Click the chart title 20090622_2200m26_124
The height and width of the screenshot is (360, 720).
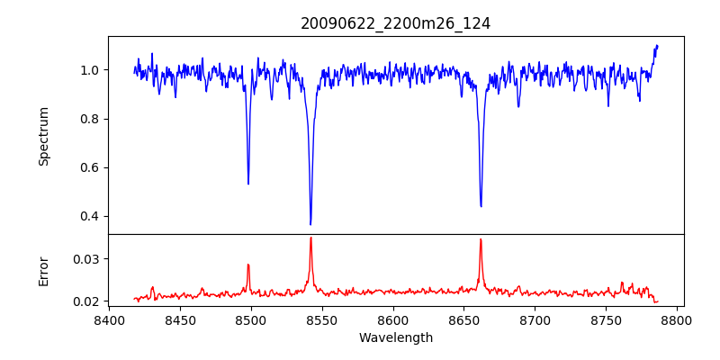tap(395, 23)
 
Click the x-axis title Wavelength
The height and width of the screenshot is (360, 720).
tap(395, 337)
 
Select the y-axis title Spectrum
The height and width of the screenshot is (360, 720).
tap(44, 136)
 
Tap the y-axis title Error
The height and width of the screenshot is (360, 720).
tap(44, 271)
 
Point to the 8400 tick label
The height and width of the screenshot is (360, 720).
tap(109, 319)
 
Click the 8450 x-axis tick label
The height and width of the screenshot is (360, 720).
tap(180, 319)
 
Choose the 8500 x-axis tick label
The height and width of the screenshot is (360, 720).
tap(251, 319)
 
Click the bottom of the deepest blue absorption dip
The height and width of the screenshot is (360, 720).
tap(310, 224)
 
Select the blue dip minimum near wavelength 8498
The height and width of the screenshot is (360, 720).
tap(248, 184)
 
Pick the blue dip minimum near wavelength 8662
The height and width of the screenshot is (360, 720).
tap(481, 206)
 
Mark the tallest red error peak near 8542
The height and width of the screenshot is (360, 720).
tap(310, 238)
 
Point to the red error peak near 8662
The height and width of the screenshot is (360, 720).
tap(481, 239)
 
